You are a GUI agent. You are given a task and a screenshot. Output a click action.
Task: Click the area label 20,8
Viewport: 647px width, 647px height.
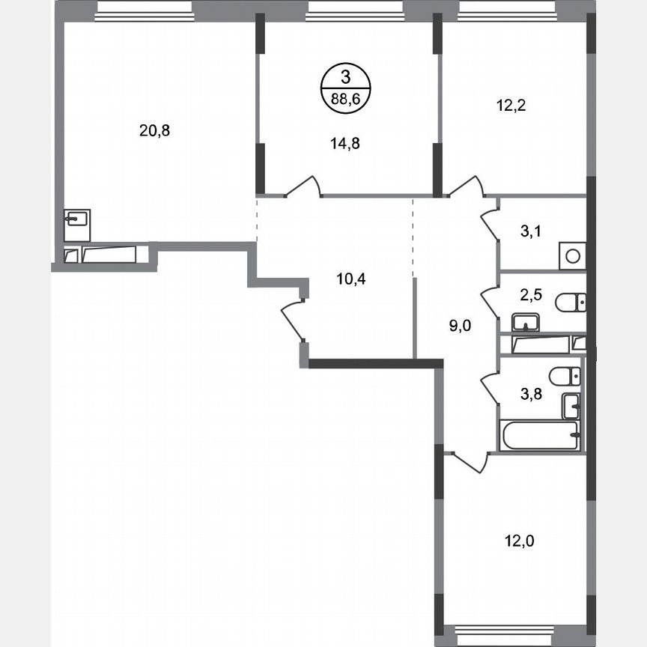pos(155,130)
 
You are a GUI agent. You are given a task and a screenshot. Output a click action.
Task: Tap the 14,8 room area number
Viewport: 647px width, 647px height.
pos(345,145)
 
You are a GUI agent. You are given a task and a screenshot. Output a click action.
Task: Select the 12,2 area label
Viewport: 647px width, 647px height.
pos(511,105)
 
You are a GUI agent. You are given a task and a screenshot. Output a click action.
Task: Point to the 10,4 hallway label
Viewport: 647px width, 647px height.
pos(350,279)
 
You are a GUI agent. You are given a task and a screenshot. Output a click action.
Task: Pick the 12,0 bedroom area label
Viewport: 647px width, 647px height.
pos(518,538)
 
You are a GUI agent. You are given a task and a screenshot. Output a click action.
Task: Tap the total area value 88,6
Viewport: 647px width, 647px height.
pos(345,97)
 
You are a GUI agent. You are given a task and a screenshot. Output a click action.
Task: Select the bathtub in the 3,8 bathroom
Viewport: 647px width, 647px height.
pos(539,435)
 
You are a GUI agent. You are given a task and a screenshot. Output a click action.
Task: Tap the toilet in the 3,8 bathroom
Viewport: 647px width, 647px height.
pos(565,375)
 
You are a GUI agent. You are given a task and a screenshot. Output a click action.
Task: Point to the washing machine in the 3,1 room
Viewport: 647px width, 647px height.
pos(572,256)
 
